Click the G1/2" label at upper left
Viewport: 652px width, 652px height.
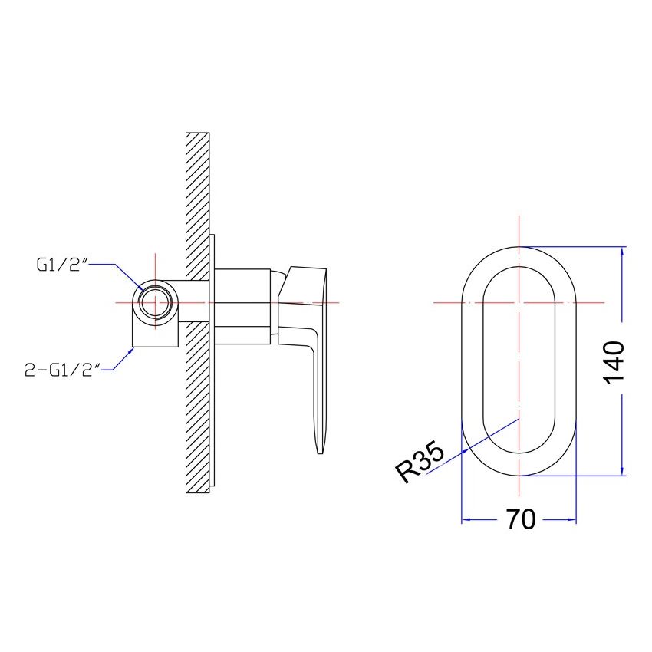pyautogui.click(x=63, y=265)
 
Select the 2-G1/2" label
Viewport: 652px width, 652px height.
pyautogui.click(x=63, y=369)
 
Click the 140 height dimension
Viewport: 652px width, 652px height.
pyautogui.click(x=614, y=363)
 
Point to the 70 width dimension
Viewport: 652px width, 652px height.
pyautogui.click(x=522, y=519)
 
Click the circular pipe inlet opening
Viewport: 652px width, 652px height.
pyautogui.click(x=155, y=303)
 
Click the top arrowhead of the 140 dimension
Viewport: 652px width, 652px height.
pyautogui.click(x=622, y=252)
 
